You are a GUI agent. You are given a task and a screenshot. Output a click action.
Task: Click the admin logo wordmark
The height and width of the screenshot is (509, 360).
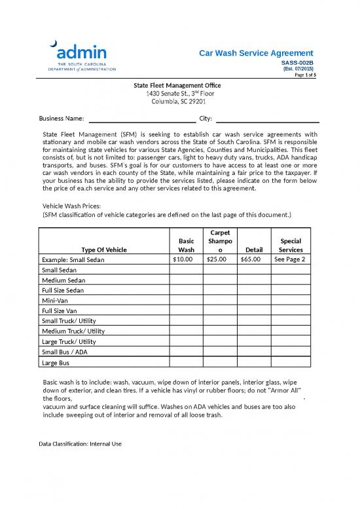[82, 51]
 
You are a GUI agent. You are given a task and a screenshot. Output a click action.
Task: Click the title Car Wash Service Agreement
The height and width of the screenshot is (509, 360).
[256, 54]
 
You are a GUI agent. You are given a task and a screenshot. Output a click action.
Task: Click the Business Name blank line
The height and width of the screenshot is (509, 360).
[142, 119]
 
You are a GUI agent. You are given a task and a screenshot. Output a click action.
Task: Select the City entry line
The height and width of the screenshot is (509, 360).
[267, 119]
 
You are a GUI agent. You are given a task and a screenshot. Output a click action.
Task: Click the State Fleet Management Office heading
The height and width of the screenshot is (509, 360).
[177, 86]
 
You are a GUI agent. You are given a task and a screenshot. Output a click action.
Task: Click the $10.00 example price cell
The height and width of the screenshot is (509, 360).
[186, 259]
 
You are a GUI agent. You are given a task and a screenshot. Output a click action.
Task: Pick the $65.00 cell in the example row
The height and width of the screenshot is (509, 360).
[253, 259]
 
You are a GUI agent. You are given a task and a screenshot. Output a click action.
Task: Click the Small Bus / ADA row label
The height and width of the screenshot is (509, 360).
[64, 352]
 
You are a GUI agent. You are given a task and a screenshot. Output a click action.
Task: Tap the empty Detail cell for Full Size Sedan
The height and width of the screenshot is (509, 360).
[253, 290]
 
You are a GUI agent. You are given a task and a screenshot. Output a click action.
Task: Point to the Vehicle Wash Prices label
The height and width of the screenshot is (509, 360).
[71, 206]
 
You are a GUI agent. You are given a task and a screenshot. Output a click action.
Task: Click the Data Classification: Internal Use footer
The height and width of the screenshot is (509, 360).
[81, 443]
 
